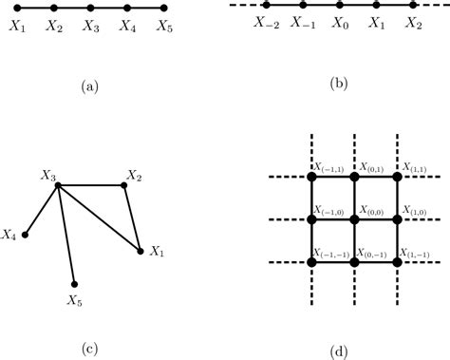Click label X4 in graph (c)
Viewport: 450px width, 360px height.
pos(11,233)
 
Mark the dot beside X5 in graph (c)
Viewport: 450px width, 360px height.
pos(74,283)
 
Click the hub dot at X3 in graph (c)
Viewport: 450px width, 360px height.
pos(59,185)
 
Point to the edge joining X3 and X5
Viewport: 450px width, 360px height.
pos(66,235)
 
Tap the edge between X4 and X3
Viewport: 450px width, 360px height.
pos(43,209)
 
